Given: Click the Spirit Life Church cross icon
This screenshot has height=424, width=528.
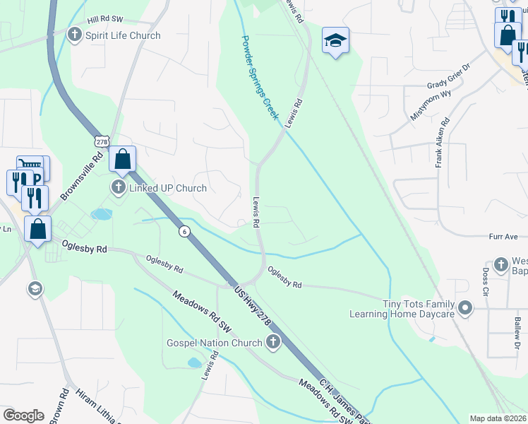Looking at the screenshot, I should (75, 35).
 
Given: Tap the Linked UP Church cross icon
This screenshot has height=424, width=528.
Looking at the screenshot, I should (118, 188).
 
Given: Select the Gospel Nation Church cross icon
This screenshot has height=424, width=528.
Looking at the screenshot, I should (273, 343).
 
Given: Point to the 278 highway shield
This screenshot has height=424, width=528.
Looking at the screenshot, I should (103, 141).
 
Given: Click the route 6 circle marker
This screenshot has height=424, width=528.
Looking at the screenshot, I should (184, 232).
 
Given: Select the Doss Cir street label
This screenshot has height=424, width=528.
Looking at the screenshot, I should (486, 281).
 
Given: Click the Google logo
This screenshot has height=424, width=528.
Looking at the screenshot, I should (23, 416).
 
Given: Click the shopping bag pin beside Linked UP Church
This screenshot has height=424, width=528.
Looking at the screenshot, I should (123, 160).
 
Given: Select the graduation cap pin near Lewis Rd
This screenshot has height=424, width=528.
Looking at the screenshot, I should (336, 42).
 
